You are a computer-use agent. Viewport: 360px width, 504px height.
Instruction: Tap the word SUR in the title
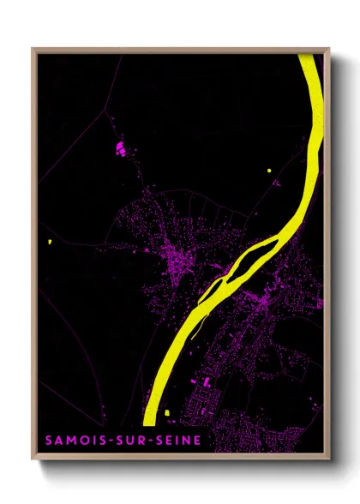click(x=130, y=440)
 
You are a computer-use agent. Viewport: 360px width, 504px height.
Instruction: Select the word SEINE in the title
click(x=177, y=440)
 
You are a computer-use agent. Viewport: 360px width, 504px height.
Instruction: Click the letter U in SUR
click(x=130, y=440)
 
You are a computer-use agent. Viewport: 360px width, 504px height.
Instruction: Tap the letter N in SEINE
click(x=186, y=440)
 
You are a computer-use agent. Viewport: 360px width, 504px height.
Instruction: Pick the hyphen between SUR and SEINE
click(x=150, y=440)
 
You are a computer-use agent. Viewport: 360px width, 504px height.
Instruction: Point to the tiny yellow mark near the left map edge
click(x=51, y=243)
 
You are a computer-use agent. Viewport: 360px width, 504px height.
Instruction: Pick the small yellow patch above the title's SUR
click(x=164, y=414)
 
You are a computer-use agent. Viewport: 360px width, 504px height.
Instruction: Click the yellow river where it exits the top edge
click(x=311, y=57)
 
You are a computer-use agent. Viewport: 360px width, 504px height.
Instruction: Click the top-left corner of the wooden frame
click(x=33, y=49)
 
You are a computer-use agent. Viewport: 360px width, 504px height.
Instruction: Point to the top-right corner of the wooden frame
click(x=328, y=49)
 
